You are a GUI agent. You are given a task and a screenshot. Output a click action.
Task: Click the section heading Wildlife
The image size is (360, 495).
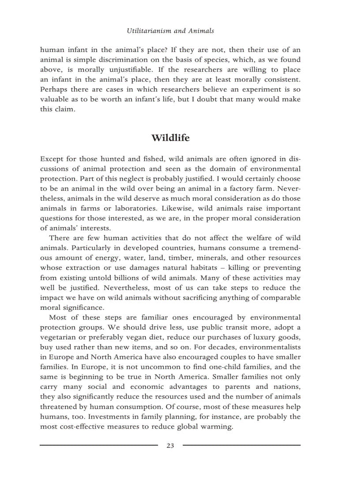click(170, 138)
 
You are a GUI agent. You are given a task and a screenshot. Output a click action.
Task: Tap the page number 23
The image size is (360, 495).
click(170, 446)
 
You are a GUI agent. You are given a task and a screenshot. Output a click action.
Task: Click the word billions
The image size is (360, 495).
click(122, 278)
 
